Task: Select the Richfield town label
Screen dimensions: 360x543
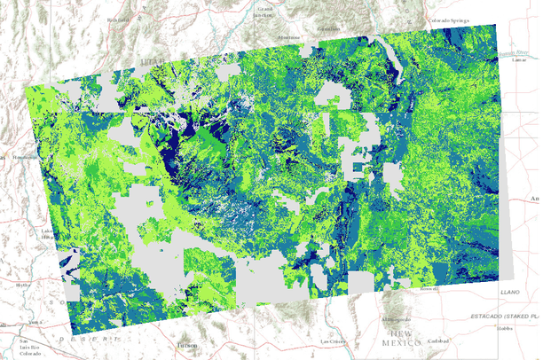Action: pyautogui.click(x=121, y=18)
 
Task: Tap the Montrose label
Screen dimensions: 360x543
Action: pyautogui.click(x=288, y=38)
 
